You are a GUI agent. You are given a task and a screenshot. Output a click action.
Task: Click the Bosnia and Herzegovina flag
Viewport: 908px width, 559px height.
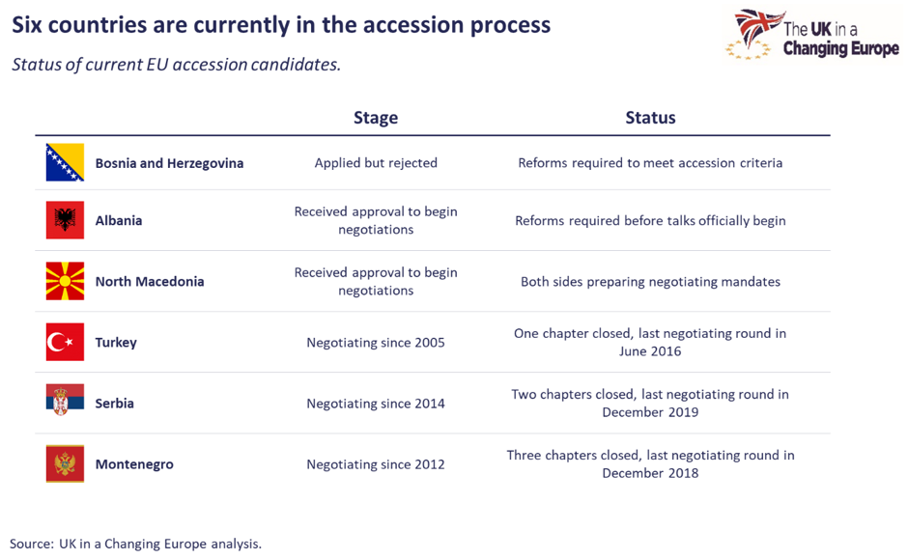65,162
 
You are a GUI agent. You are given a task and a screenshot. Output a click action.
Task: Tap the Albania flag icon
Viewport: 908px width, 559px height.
65,220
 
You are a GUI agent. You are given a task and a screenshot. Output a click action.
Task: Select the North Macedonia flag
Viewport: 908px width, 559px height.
65,281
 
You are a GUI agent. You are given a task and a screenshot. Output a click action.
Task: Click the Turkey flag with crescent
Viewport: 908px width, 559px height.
65,342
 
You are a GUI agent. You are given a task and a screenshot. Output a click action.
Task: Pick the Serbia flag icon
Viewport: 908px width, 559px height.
65,400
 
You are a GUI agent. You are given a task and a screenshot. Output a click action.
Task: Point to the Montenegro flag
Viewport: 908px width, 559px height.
65,463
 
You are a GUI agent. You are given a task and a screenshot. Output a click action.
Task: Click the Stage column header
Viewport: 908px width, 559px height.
376,118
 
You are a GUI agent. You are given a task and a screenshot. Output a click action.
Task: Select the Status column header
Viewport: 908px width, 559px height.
650,118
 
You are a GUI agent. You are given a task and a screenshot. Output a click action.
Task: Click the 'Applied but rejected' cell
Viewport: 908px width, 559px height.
376,163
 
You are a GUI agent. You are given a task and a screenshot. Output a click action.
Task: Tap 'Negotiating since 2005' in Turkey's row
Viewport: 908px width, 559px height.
376,343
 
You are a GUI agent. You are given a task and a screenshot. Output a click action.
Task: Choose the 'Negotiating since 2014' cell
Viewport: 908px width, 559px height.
376,404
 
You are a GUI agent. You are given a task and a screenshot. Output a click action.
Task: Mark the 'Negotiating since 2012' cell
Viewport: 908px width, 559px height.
376,464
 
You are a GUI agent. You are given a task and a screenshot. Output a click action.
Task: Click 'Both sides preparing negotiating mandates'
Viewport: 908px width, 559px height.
650,282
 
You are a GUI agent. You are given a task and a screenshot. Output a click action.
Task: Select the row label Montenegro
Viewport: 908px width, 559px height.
134,464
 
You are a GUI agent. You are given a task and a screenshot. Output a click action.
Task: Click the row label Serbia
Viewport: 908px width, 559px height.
115,404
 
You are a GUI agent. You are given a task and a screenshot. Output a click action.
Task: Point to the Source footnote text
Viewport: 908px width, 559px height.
135,544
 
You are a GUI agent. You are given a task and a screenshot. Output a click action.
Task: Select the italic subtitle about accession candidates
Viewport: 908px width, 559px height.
176,66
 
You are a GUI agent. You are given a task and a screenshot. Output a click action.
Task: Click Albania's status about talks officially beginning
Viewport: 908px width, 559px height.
650,221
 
